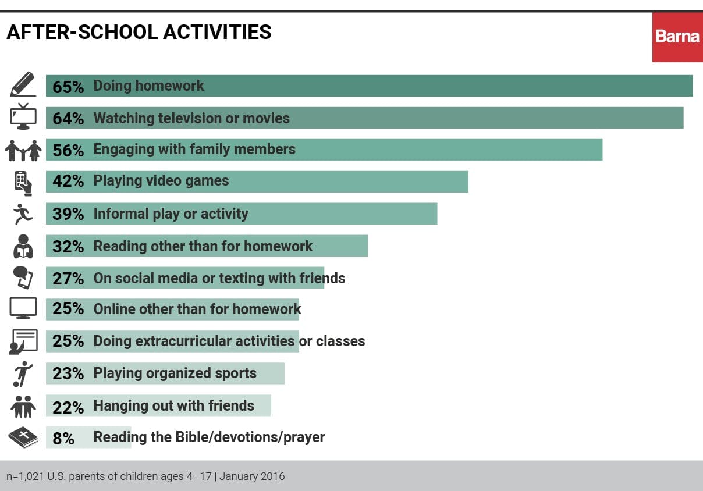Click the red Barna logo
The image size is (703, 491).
(677, 37)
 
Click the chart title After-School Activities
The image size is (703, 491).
(139, 33)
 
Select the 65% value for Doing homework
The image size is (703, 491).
(68, 87)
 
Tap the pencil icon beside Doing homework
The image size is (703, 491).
(23, 85)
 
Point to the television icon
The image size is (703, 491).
(23, 116)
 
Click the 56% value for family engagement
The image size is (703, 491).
(68, 150)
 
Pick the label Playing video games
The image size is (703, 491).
(161, 181)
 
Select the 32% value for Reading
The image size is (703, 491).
(68, 247)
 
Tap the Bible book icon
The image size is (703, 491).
(23, 437)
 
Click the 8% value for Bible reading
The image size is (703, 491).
(63, 438)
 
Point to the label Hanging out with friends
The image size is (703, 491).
(173, 405)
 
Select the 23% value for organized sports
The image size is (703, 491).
(68, 373)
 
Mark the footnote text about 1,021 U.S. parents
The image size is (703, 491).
(145, 476)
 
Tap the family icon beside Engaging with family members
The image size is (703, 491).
(23, 150)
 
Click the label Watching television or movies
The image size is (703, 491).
(191, 119)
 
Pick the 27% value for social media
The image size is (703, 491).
(68, 279)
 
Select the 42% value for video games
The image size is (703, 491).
(68, 182)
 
